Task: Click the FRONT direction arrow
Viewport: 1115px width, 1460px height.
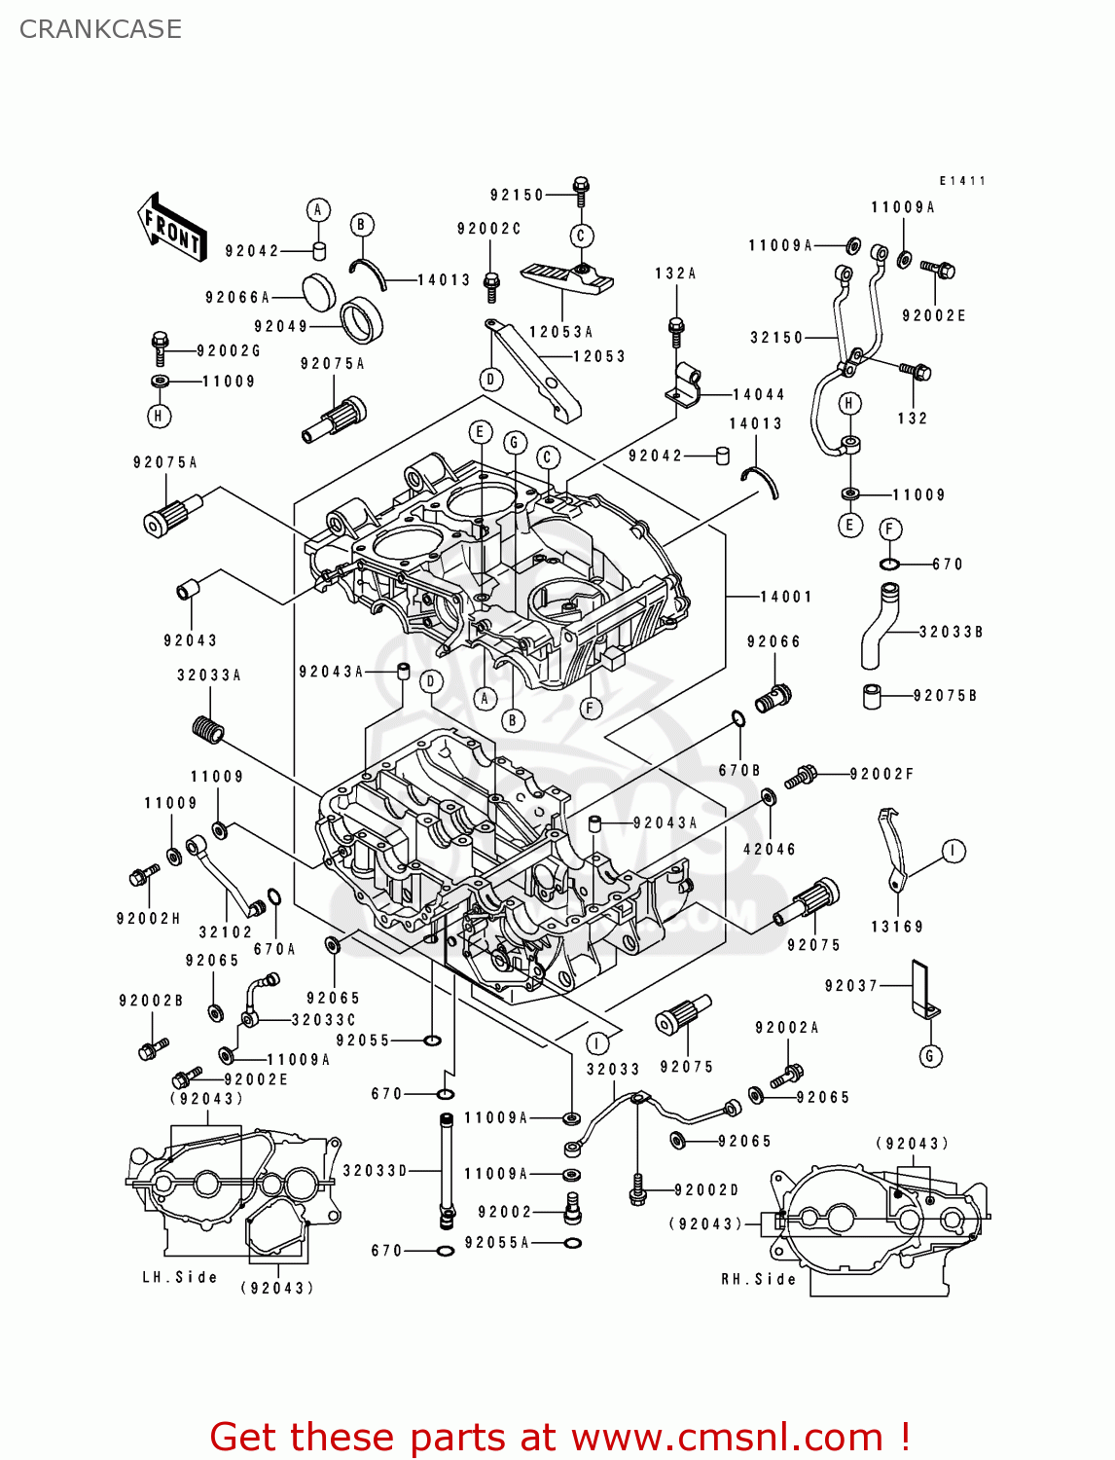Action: click(172, 227)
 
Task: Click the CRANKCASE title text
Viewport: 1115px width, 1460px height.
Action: click(100, 29)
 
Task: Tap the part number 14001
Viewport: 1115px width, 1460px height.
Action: click(785, 597)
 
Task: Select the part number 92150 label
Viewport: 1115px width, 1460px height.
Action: click(517, 195)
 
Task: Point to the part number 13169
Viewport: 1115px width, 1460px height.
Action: click(896, 927)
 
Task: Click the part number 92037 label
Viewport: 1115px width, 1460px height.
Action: click(851, 986)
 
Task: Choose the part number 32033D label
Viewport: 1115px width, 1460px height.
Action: click(375, 1171)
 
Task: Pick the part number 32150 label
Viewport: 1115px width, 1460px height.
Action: click(776, 338)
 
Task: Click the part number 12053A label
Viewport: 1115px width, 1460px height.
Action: click(560, 332)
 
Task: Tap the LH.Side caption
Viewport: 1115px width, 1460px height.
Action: click(180, 1277)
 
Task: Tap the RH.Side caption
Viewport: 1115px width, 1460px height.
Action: click(758, 1279)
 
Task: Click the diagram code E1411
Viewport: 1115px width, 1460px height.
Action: click(962, 181)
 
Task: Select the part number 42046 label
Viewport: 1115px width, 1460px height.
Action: click(769, 849)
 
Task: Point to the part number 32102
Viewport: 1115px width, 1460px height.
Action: click(225, 932)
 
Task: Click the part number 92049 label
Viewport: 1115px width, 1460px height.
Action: click(280, 327)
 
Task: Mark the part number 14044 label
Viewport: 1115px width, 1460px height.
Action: click(758, 394)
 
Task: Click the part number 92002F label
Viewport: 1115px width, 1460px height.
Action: click(881, 774)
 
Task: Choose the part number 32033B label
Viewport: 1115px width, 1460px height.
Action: click(951, 632)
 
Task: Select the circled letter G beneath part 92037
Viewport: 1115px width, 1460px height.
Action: click(930, 1056)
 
